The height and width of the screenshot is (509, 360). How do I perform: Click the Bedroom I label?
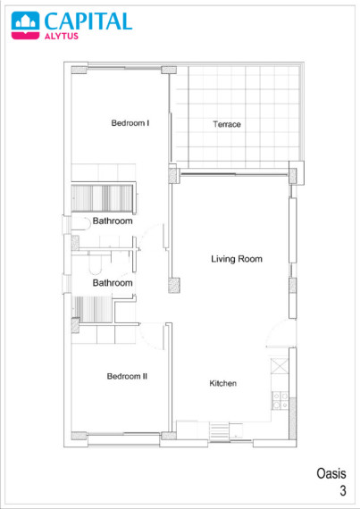coord(130,123)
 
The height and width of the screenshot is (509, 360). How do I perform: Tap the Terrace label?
coord(227,124)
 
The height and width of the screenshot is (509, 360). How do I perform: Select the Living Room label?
coord(237,259)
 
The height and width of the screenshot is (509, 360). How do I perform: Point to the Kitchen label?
coord(222,383)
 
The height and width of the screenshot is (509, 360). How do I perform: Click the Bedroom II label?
coord(127,376)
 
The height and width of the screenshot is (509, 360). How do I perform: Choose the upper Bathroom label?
coord(113,221)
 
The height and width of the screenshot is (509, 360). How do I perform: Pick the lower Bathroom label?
coord(113,283)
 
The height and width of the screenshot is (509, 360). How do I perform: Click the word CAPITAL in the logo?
coord(88,21)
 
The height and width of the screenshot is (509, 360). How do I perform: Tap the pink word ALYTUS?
coord(62,36)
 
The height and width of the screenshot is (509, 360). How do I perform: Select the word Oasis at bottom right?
coord(331,473)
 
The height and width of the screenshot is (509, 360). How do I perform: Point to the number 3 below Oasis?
coord(343,490)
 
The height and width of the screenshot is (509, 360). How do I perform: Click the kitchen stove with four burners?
coord(280,400)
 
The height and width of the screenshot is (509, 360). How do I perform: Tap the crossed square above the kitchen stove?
coord(280,366)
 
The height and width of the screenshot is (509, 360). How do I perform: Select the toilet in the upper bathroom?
coord(80,223)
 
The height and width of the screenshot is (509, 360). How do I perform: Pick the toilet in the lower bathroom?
coord(95,265)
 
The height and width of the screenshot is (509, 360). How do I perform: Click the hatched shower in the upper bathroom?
coord(102,198)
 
